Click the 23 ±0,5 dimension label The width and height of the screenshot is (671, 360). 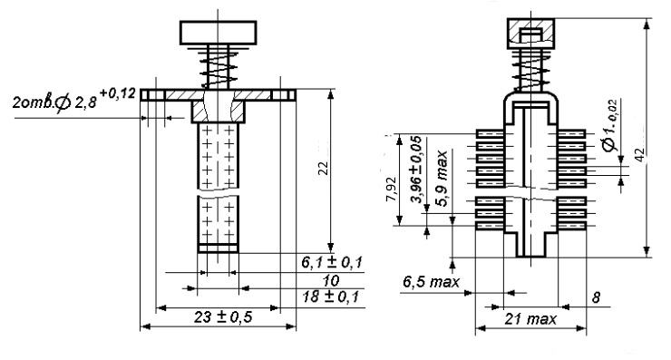click(x=223, y=317)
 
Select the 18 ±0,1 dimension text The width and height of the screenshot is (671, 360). click(x=330, y=297)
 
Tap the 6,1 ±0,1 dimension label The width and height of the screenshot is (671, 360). click(x=332, y=262)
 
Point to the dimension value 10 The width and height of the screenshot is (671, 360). click(x=331, y=281)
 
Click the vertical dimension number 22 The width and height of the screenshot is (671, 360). click(x=324, y=168)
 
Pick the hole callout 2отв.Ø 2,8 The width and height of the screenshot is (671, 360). click(x=54, y=102)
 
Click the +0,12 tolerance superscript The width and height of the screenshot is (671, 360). click(x=118, y=93)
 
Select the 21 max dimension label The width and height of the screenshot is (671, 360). click(x=530, y=319)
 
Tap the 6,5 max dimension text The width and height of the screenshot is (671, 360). click(x=432, y=282)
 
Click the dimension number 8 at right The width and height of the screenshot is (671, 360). click(x=596, y=297)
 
